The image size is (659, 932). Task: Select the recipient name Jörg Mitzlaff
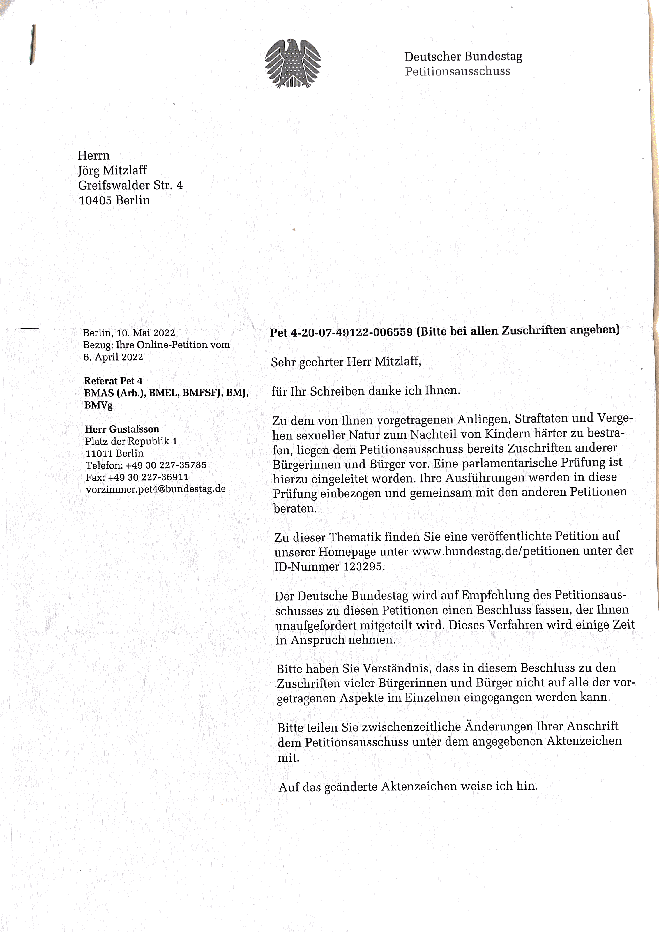(x=112, y=170)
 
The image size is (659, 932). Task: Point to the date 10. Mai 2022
(x=146, y=333)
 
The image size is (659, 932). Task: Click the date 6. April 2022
(x=113, y=357)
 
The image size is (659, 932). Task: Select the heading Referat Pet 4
(x=113, y=381)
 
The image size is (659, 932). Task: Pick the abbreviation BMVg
(x=98, y=405)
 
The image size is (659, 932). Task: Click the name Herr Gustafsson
(x=122, y=429)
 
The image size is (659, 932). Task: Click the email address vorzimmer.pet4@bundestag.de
(x=156, y=489)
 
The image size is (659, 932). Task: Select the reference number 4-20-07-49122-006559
(x=351, y=332)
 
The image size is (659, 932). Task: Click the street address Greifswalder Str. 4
(x=130, y=186)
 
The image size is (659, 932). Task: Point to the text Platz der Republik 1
(x=131, y=441)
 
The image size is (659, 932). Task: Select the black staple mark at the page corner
(x=32, y=45)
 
